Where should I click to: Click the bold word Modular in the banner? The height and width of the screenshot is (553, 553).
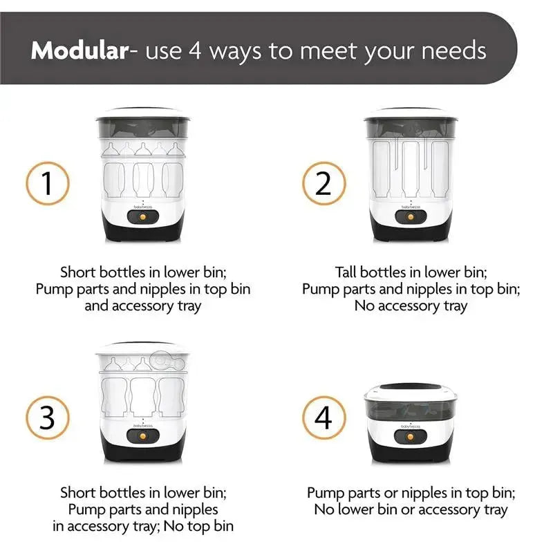click(x=79, y=50)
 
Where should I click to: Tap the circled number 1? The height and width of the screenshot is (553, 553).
click(x=48, y=183)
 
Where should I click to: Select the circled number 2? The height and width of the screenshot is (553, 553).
click(x=324, y=183)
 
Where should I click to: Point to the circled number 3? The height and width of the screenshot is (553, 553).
click(x=48, y=418)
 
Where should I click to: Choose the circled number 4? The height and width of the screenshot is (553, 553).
click(x=324, y=418)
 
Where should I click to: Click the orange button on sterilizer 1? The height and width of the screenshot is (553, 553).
click(x=143, y=217)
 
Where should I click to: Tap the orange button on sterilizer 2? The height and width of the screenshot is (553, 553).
click(x=411, y=217)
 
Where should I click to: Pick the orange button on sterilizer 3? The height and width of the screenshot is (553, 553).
click(x=143, y=437)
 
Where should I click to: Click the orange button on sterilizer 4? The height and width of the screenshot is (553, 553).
click(x=411, y=437)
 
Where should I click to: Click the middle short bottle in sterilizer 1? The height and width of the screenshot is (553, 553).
click(x=143, y=180)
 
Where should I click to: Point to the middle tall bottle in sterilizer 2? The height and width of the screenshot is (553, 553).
click(x=411, y=169)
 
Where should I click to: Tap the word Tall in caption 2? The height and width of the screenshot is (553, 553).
click(x=346, y=272)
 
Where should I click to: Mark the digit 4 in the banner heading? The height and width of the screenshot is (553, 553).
click(x=195, y=50)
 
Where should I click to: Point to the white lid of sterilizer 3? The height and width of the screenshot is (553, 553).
click(x=143, y=348)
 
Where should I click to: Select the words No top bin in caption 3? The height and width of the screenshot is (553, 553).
click(x=198, y=526)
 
